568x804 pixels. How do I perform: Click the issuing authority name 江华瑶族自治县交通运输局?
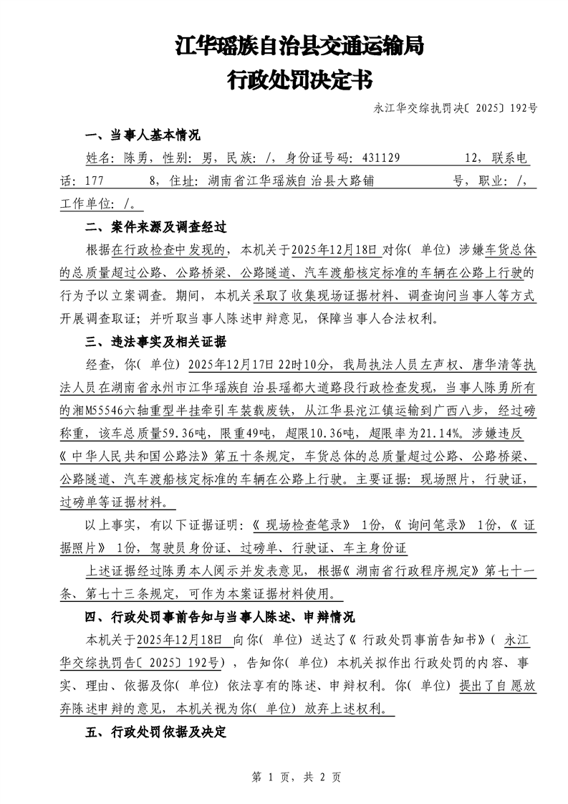coord(299,47)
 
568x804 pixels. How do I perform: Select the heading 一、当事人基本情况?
coord(142,136)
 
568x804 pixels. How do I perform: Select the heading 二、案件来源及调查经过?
coord(155,228)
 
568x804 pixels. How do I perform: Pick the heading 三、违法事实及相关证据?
coord(155,341)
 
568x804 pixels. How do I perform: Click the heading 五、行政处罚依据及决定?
coord(155,732)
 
